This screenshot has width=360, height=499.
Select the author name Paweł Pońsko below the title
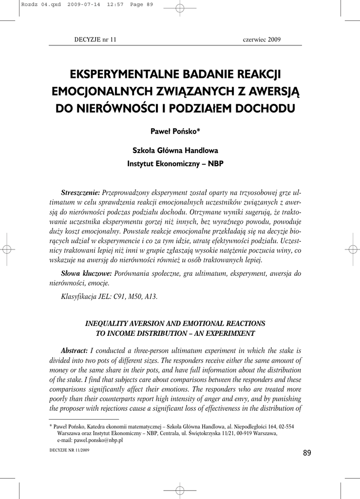[175, 132]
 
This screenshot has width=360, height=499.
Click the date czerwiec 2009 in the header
[262, 39]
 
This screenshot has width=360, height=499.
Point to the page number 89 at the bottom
[306, 453]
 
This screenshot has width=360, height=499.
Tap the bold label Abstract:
[74, 350]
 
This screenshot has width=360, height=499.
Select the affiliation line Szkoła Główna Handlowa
[175, 150]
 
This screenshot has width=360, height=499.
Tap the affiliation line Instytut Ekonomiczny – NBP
[175, 164]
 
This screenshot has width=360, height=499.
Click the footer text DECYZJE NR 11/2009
[70, 451]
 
